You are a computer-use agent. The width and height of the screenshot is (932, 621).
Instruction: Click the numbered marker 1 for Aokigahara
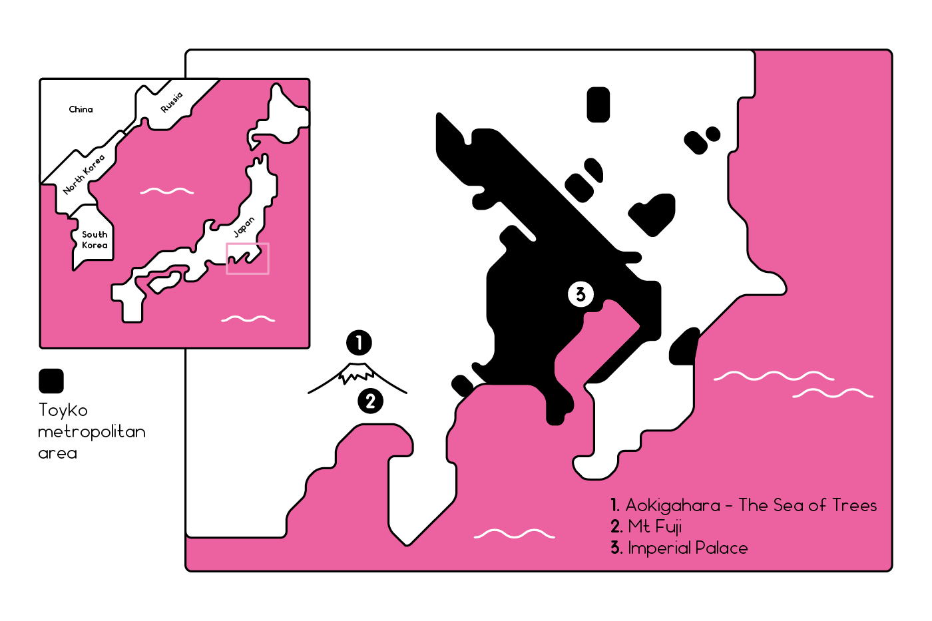(x=359, y=343)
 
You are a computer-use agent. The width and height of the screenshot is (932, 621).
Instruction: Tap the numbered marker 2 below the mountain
(x=371, y=401)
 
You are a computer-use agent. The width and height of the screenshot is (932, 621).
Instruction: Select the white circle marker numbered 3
(x=581, y=294)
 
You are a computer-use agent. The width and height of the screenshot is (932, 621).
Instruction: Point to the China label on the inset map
(x=81, y=109)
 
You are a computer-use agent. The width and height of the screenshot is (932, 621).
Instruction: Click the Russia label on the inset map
(x=172, y=102)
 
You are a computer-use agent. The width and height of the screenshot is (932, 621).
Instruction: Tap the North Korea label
(x=84, y=174)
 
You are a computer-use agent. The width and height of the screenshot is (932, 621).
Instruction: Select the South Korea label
(x=95, y=240)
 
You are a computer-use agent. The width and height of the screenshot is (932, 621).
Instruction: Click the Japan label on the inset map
(x=244, y=227)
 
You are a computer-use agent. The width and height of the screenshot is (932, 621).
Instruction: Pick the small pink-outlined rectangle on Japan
(x=248, y=258)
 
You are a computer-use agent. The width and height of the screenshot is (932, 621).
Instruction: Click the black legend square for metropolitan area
(x=51, y=381)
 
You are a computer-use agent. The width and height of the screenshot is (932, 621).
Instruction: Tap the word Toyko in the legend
(x=63, y=410)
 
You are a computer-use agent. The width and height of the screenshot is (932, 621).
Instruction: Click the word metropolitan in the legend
(x=92, y=431)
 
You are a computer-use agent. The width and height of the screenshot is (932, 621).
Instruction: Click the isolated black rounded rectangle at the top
(x=598, y=104)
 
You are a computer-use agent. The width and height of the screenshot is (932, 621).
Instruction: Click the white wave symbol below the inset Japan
(x=248, y=319)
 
